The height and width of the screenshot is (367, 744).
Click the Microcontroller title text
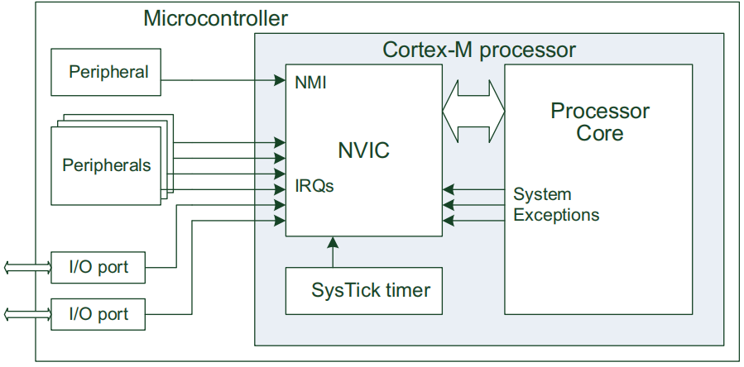[x=215, y=19]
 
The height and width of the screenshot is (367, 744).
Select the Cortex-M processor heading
[x=479, y=50]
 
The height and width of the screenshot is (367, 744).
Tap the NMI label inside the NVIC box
[x=311, y=83]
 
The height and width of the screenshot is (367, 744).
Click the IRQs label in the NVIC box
[x=314, y=186]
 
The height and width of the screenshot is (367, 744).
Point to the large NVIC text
[x=363, y=150]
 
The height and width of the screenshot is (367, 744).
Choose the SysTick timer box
[x=364, y=291]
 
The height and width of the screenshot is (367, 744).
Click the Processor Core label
[x=600, y=122]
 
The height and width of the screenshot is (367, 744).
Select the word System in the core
[x=542, y=194]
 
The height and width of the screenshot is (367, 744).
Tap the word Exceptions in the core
[x=557, y=215]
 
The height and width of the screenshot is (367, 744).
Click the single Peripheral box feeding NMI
[x=106, y=72]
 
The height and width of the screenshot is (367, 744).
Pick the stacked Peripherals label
[x=107, y=165]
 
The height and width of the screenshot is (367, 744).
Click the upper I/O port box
[x=98, y=268]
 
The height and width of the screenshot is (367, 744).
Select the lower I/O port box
[x=98, y=314]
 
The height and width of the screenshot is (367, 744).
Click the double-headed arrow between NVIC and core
[x=473, y=112]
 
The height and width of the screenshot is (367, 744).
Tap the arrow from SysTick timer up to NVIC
[x=333, y=252]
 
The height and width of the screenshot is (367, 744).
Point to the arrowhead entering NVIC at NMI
[x=281, y=80]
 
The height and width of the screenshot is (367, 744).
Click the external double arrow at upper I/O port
[x=27, y=268]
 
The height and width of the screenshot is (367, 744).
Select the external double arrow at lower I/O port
[x=27, y=314]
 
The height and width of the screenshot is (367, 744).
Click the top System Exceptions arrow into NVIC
[x=473, y=189]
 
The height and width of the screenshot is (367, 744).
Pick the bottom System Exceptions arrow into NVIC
[x=473, y=221]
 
